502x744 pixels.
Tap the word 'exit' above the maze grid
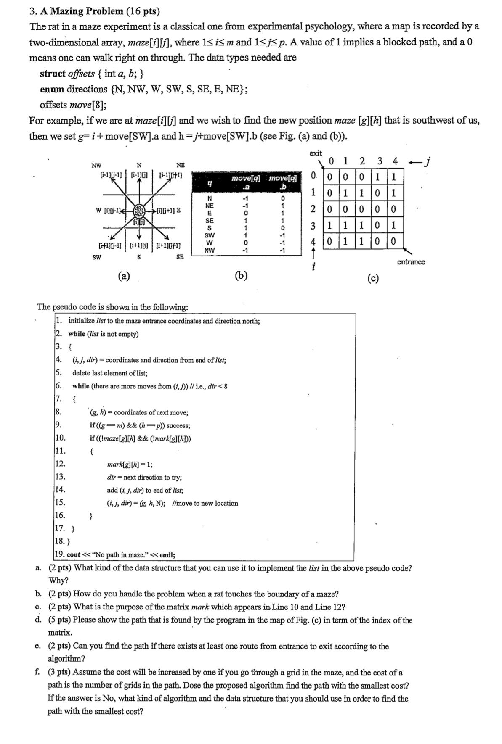click(x=316, y=153)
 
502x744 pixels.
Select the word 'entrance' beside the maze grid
click(x=411, y=262)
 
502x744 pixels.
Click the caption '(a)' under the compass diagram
click(x=124, y=276)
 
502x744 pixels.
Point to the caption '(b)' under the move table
click(x=241, y=276)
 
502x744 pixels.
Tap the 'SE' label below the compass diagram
click(x=180, y=256)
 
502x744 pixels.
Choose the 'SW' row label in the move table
click(x=209, y=235)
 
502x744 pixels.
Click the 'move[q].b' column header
click(x=283, y=182)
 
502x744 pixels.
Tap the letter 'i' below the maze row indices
click(x=313, y=267)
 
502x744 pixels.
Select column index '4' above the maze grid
click(x=394, y=161)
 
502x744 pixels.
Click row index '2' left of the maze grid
click(x=313, y=209)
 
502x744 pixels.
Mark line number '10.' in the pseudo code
click(x=60, y=438)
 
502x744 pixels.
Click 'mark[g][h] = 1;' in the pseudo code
click(x=130, y=464)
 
